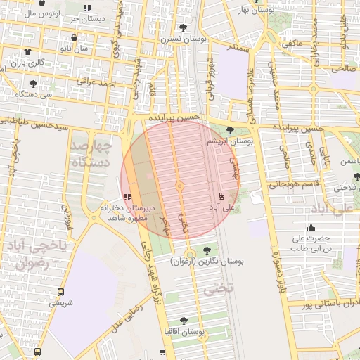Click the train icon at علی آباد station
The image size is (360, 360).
click(221, 196)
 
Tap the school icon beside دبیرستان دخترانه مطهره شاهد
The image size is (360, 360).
click(127, 198)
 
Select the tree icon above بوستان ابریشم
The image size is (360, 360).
click(231, 129)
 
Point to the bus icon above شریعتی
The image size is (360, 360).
click(61, 291)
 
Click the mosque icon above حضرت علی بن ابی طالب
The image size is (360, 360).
click(311, 226)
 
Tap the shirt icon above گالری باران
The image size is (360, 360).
click(27, 51)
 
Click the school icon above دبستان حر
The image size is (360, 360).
click(87, 8)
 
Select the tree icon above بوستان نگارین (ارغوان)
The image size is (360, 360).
click(207, 250)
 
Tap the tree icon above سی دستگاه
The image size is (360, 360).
click(32, 82)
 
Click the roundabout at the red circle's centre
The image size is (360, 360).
click(180, 186)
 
